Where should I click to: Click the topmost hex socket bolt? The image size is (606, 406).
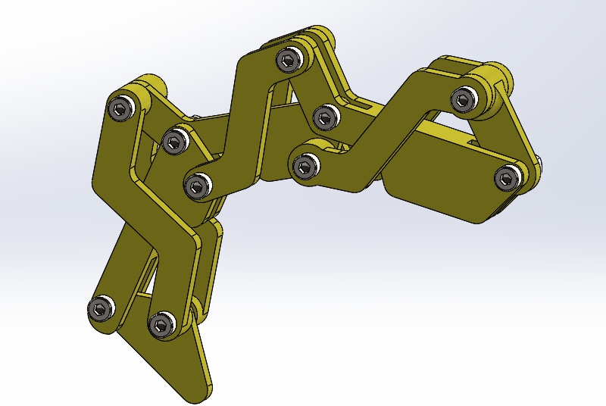coord(289,58)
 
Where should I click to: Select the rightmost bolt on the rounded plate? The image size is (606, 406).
coord(507,178)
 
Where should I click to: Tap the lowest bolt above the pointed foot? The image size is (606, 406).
coord(161,324)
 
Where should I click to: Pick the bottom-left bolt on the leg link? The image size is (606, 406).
coord(100,309)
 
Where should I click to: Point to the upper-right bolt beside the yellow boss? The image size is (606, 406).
coord(463,98)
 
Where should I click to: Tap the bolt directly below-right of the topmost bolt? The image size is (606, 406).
coord(325,116)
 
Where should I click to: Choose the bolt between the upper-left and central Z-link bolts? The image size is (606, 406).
coord(174,140)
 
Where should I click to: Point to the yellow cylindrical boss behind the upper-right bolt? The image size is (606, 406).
coord(497,76)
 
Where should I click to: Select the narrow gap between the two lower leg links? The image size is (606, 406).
coord(147,280)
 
